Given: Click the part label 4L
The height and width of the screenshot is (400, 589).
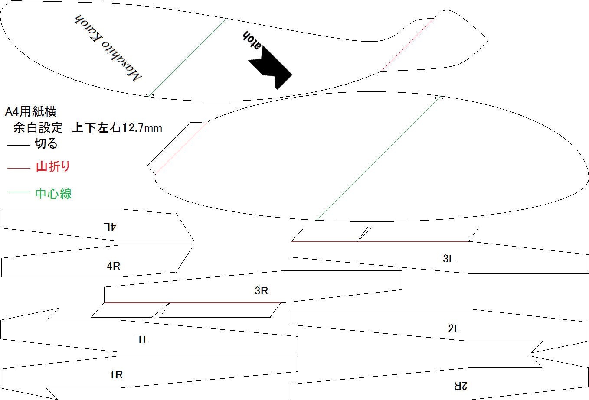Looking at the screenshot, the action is tap(110, 227).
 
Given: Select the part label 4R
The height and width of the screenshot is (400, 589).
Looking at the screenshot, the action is tap(113, 266).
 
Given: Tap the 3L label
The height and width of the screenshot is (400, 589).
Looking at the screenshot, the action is tap(449, 259).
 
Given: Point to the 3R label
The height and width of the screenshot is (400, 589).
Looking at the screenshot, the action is tap(261, 291).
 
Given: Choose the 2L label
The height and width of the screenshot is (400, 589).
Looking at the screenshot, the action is tap(454, 328).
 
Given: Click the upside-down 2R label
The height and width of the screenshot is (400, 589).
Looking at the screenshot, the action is tap(461, 386).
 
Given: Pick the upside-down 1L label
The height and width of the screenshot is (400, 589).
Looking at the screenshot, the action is tap(141, 340).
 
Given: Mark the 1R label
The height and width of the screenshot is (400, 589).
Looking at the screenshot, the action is tap(116, 375).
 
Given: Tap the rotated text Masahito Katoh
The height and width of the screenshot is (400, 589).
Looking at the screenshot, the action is tap(108, 48).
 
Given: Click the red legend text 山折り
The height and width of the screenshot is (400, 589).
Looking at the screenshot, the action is tap(53, 166).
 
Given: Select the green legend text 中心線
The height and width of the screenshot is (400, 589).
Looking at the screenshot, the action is tap(53, 194).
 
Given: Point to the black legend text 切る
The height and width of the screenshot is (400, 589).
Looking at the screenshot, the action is tap(46, 143).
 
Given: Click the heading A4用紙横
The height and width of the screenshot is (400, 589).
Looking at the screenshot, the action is tap(30, 111).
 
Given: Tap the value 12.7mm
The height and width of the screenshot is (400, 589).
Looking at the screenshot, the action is tap(142, 128).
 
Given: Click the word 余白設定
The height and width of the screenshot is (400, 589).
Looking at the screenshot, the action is tap(38, 127).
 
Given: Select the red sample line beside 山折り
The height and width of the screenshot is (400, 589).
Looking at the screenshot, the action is tap(19, 168).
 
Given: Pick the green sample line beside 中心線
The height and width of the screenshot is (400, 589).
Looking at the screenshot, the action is tap(19, 192).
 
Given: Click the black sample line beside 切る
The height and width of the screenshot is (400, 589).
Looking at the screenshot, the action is tap(19, 145).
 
